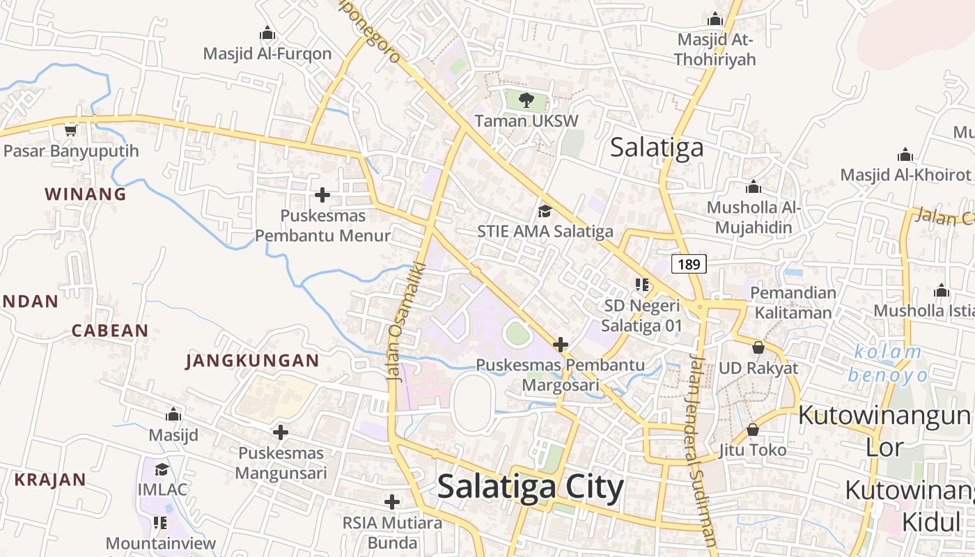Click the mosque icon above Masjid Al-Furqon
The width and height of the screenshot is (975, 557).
click(267, 33)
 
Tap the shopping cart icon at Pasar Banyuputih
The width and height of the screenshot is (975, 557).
click(70, 130)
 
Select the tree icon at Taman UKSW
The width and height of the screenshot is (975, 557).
click(526, 100)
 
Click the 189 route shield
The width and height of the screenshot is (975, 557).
click(689, 264)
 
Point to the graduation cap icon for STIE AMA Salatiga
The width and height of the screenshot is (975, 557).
click(545, 210)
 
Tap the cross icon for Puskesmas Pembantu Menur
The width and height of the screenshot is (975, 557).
click(322, 194)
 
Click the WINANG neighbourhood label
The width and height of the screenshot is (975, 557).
click(86, 194)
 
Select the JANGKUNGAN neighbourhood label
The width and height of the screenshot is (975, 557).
click(252, 361)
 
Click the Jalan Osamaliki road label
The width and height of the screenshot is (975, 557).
click(398, 321)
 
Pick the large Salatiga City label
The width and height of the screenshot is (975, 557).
click(530, 487)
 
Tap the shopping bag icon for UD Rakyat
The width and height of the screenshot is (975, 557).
click(758, 347)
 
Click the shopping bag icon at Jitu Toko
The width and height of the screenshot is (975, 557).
click(753, 430)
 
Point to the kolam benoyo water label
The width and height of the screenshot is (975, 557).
click(888, 363)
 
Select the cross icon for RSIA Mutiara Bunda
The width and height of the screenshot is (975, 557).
click(392, 501)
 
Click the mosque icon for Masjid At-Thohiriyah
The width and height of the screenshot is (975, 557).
click(715, 19)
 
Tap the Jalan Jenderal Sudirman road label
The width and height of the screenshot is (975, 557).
click(701, 448)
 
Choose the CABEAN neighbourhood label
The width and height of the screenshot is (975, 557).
click(110, 331)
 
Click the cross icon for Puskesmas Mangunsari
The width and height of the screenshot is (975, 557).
click(281, 432)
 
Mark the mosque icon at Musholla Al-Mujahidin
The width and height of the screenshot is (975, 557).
click(753, 187)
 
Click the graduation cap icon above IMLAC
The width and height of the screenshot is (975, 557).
click(162, 469)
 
